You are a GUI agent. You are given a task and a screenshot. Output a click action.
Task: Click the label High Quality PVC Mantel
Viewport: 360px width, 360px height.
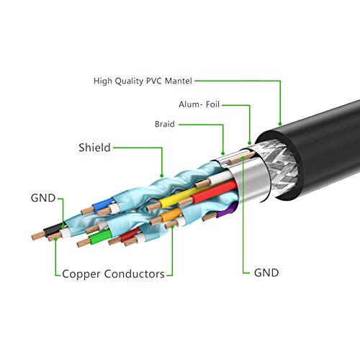point(143,81)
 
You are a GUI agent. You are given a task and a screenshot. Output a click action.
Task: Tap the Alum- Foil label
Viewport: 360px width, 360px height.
point(199,104)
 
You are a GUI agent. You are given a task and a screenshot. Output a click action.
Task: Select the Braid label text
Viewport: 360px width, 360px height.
point(165,123)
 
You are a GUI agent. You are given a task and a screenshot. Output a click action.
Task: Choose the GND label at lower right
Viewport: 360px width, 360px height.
point(266,273)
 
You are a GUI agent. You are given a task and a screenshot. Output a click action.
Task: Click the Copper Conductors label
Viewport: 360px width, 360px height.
point(113,274)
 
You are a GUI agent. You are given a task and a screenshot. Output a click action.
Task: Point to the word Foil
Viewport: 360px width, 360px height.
point(212,104)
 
